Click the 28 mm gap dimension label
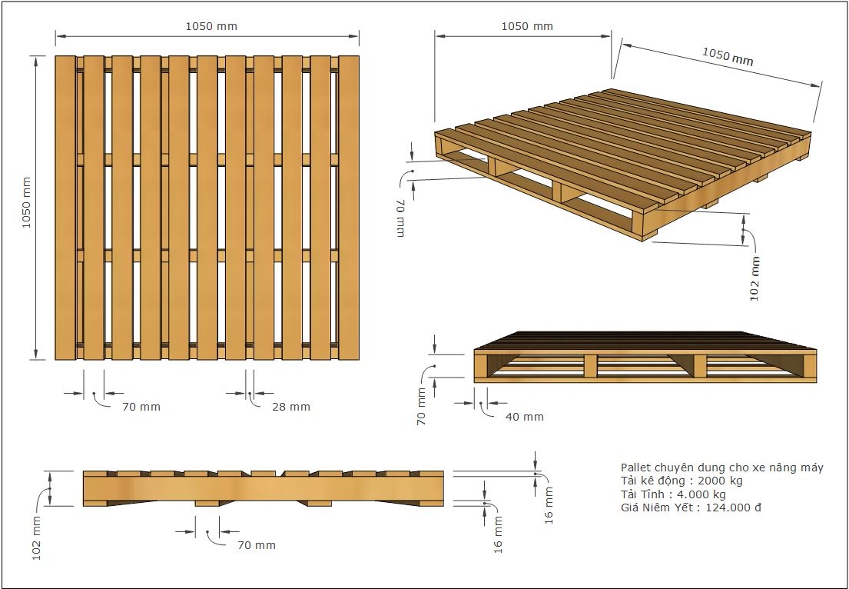(291, 407)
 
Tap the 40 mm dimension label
(524, 417)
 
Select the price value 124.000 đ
(733, 507)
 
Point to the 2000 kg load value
(720, 481)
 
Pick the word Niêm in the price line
(655, 507)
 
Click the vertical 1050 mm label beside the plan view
(27, 203)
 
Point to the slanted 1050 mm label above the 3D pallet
(728, 56)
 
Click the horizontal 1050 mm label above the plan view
(211, 26)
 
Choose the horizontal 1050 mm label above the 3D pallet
(527, 26)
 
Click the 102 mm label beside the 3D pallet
(754, 278)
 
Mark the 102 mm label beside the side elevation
(36, 537)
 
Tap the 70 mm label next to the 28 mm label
(141, 407)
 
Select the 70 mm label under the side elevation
(257, 545)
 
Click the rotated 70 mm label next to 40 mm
(422, 406)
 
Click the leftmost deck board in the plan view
(65, 208)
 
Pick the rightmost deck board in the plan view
(349, 208)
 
